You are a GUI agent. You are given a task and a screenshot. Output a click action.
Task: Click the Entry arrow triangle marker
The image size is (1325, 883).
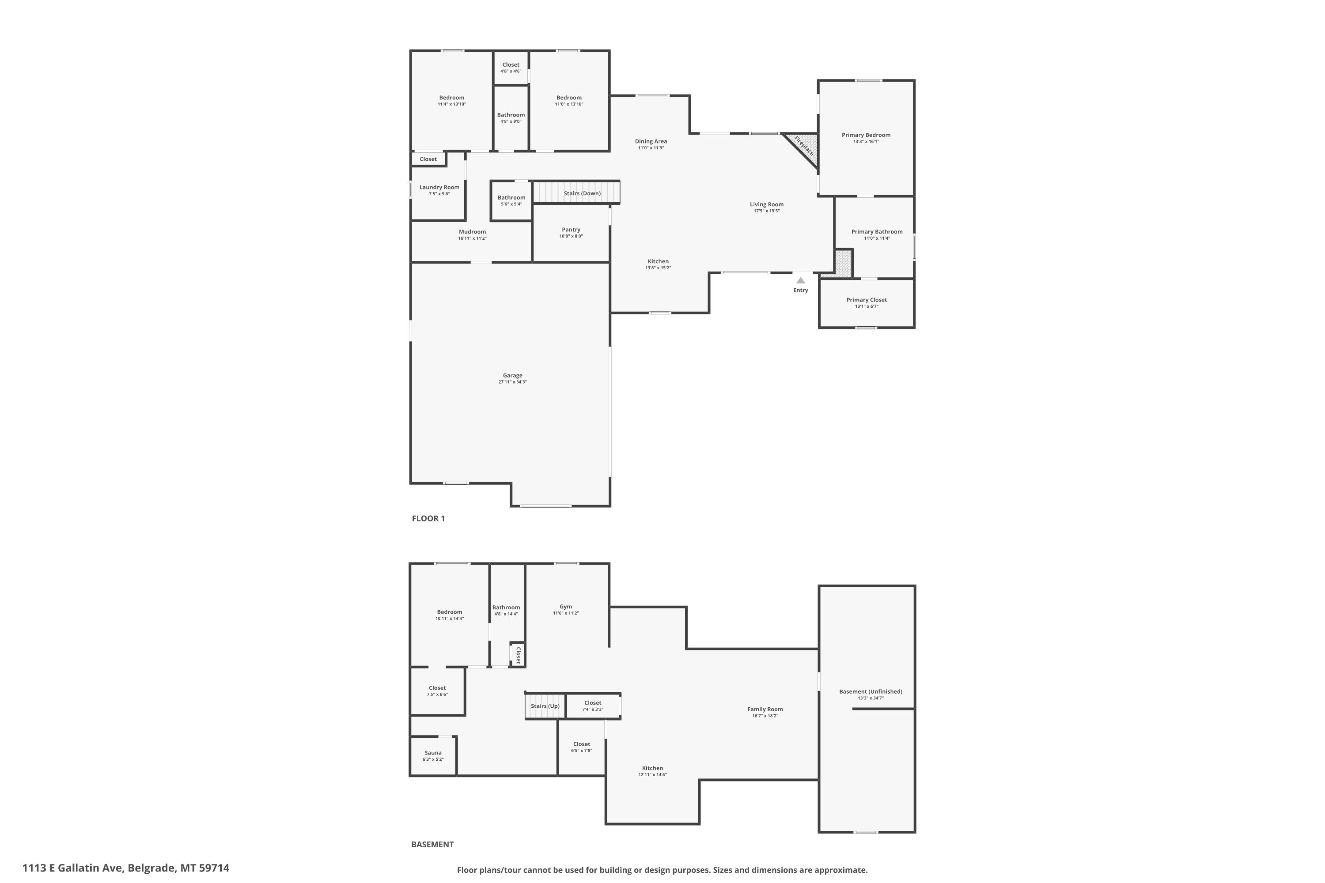[x=800, y=280]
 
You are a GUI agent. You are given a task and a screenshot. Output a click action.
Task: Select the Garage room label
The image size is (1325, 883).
[x=513, y=376]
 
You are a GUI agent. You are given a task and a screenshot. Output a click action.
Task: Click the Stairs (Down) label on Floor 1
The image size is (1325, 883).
[x=583, y=194]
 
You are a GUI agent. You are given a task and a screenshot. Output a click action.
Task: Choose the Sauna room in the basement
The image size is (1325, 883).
[x=433, y=756]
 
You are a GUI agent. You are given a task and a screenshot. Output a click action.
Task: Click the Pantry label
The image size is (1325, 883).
[x=571, y=230]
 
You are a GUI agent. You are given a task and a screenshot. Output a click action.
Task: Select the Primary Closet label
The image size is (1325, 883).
[x=867, y=300]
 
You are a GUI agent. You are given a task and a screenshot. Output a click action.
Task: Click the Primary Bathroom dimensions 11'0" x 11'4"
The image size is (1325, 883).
[x=877, y=238]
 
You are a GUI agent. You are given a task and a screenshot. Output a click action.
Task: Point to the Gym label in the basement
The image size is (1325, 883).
[x=566, y=607]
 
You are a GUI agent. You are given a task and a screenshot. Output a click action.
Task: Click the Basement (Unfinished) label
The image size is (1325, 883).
[x=871, y=691]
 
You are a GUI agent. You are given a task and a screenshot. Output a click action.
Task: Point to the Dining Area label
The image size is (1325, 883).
[x=651, y=142]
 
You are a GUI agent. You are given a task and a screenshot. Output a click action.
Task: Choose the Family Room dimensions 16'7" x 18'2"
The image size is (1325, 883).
[x=765, y=716]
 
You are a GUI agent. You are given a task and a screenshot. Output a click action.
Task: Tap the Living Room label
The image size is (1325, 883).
[x=767, y=204]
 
